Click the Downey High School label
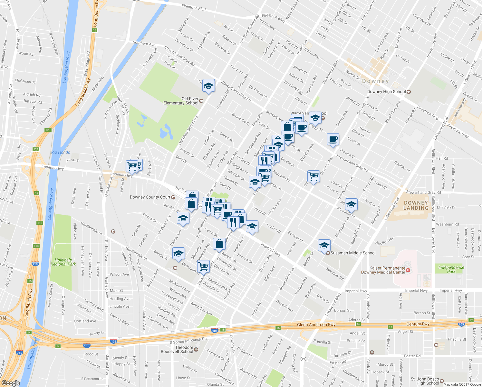click(386, 92)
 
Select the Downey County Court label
click(150, 197)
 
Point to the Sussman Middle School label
click(353, 253)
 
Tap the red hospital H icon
click(408, 270)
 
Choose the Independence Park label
click(451, 269)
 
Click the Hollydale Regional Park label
click(63, 262)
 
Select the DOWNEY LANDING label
click(416, 205)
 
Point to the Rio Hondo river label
click(61, 152)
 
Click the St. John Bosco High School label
click(425, 381)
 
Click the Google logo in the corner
click(11, 383)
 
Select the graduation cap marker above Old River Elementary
click(208, 86)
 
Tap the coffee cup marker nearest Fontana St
click(333, 139)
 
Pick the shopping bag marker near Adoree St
click(219, 244)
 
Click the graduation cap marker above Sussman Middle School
click(324, 246)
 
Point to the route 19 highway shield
click(303, 359)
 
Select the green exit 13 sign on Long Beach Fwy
click(94, 30)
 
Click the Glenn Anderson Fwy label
click(316, 325)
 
